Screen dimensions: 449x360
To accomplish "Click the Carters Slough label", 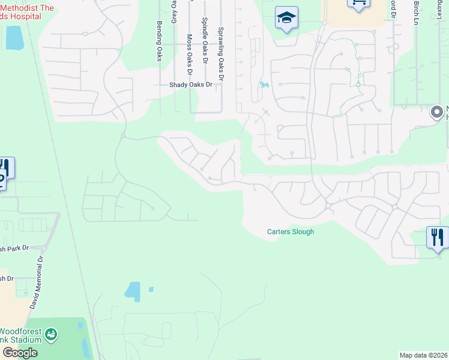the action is [x=291, y=232].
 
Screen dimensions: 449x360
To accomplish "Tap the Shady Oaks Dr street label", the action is [x=190, y=85].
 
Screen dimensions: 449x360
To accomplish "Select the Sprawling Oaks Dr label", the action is [x=221, y=54].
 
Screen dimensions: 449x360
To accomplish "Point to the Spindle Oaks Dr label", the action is [x=205, y=41].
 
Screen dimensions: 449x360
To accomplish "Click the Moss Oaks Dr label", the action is [x=189, y=54].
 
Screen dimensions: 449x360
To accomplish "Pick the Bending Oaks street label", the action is [x=160, y=41].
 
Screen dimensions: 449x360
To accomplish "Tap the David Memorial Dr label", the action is [x=37, y=283].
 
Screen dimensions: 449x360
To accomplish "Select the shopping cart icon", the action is [x=358, y=3].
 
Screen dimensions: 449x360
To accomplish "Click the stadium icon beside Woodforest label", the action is [x=52, y=334].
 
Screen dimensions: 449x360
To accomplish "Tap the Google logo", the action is [x=20, y=352].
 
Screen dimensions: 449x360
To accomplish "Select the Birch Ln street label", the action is [x=415, y=12].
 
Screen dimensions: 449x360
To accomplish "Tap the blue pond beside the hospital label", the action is [x=13, y=37].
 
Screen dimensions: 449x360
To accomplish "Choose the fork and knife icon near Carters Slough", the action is [x=438, y=237].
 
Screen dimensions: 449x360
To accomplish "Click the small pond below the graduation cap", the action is [x=264, y=85].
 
